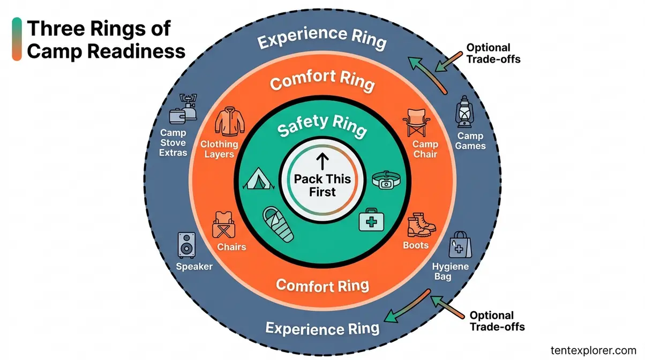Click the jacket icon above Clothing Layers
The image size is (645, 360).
[x=229, y=123]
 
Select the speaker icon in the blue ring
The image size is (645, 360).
[x=186, y=245]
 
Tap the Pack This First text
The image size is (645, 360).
[x=322, y=185]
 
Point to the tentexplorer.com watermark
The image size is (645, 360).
[x=593, y=349]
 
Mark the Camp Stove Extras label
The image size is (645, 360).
[x=172, y=142]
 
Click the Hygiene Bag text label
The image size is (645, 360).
[x=450, y=271]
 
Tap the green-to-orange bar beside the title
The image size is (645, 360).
[x=17, y=39]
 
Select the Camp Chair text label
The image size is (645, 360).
[x=425, y=149]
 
